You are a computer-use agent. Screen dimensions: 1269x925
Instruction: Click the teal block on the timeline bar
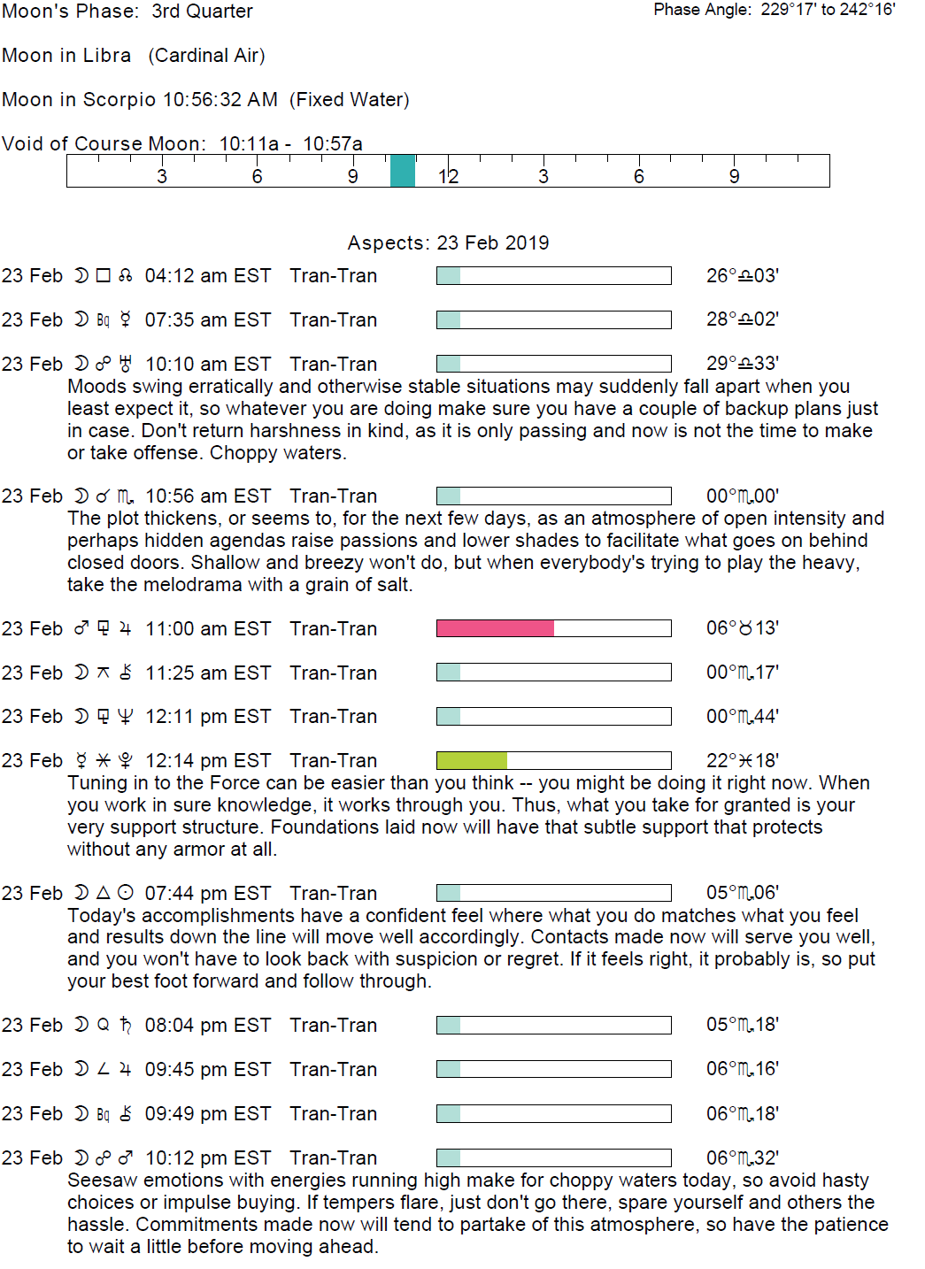coord(403,171)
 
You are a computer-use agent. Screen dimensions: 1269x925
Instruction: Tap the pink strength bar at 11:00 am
coord(495,628)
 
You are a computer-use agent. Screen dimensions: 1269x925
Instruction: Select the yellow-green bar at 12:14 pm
coord(472,760)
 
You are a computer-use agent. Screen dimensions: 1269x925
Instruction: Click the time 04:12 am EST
coord(207,276)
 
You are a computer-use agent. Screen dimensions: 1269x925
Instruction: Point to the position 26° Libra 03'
coord(742,276)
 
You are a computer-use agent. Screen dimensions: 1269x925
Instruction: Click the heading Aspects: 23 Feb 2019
coord(448,243)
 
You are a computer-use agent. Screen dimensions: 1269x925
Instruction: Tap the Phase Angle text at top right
coord(774,10)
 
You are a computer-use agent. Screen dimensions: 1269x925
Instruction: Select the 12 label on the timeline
coord(448,176)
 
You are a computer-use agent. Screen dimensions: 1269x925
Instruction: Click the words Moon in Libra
coord(66,56)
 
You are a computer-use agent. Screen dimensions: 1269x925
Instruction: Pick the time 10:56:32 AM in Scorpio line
coord(220,100)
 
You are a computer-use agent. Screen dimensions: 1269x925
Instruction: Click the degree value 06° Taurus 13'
coord(742,628)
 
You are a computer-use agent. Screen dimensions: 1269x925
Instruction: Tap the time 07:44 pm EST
coord(207,893)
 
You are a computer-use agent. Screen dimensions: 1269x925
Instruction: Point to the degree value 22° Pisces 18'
coord(742,761)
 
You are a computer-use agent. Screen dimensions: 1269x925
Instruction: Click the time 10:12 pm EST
coord(207,1157)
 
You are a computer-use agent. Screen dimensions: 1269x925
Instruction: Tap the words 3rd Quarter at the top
coord(202,12)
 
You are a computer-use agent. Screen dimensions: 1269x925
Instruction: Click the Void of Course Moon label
coord(104,144)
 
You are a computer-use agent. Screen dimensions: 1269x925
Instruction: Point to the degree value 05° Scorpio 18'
coord(742,1025)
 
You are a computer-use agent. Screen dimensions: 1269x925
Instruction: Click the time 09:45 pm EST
coord(207,1069)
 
